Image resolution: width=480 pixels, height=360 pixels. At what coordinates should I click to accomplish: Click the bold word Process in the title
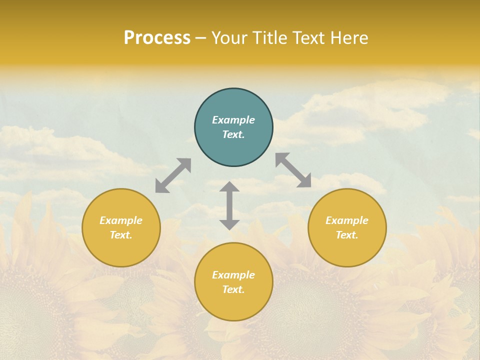pos(157,38)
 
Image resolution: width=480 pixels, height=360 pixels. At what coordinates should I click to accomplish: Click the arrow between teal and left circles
pos(173,175)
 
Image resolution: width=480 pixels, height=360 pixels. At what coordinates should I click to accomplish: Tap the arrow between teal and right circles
pos(293,170)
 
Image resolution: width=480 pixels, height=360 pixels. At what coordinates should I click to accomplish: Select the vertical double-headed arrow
pos(229,205)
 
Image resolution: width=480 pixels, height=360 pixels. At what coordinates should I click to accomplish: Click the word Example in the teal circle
pos(233,120)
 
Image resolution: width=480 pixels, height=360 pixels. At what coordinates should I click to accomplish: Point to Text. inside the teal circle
pos(233,134)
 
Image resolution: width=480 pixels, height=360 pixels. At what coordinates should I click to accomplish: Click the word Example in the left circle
pos(121,220)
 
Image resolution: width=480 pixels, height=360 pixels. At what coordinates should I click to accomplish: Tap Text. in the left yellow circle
pos(121,235)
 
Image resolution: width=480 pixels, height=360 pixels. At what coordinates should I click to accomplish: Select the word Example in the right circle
pos(347,220)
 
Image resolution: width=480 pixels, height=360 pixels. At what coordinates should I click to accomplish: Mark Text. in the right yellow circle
pos(347,235)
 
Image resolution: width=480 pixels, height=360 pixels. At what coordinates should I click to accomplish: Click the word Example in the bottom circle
pos(233,275)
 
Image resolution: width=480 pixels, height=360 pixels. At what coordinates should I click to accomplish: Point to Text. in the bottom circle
pos(233,289)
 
